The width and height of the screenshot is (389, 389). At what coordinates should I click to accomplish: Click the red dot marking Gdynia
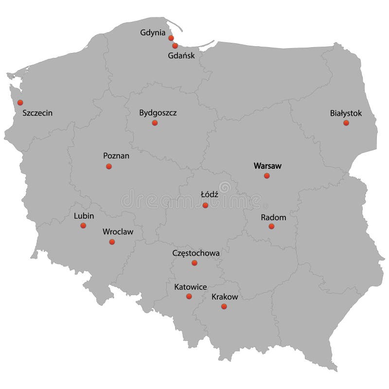click(171, 38)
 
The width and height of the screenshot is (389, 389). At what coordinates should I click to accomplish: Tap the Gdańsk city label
click(181, 55)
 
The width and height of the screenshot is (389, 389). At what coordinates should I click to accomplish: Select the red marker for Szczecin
click(20, 103)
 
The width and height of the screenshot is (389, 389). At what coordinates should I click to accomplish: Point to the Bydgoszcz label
click(158, 113)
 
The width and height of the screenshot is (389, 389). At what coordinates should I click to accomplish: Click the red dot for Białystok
click(346, 123)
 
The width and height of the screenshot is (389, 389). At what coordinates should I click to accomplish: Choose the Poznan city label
click(116, 156)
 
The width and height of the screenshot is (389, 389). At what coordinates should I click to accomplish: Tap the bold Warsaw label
click(267, 166)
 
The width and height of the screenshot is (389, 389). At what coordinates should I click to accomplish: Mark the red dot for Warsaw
click(266, 176)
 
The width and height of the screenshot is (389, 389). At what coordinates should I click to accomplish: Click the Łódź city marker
click(205, 205)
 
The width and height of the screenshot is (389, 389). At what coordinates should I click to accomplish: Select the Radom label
click(273, 217)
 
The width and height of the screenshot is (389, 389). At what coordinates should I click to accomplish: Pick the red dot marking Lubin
click(83, 225)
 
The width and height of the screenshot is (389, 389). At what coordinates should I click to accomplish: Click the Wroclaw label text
click(118, 232)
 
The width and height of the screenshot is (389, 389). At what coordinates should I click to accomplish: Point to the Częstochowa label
click(196, 253)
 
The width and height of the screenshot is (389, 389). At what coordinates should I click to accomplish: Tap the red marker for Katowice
click(189, 296)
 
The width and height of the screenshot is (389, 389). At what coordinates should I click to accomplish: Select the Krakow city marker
click(224, 306)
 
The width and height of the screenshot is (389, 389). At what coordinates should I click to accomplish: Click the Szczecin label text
click(37, 113)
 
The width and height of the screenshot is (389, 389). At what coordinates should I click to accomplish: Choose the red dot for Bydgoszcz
click(155, 123)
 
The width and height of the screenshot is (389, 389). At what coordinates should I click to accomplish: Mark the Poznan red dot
click(109, 166)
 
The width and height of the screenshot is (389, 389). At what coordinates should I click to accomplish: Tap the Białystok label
click(346, 113)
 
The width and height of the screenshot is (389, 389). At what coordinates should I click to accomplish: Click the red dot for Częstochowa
click(194, 263)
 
